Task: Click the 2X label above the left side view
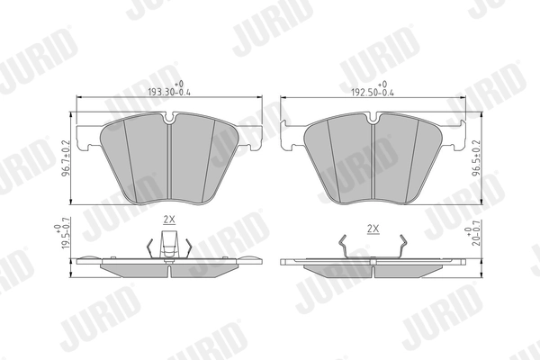[x=168, y=220]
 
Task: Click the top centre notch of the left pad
[x=171, y=118]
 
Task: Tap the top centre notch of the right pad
[x=373, y=118]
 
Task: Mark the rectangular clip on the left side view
[x=168, y=243]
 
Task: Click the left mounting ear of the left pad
[x=87, y=140]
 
